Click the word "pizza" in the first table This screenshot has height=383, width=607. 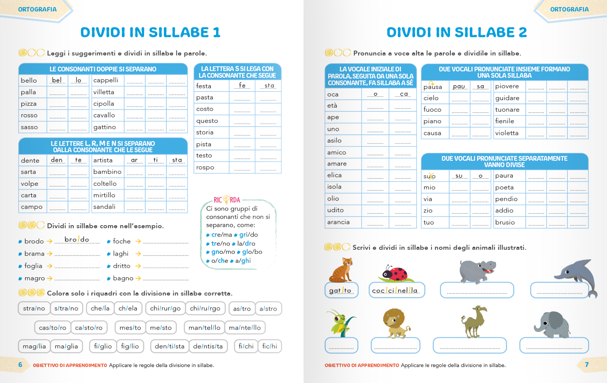[29, 104]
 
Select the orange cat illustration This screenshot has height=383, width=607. [341, 270]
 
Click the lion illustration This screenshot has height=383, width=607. [395, 323]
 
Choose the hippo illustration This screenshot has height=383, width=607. [478, 270]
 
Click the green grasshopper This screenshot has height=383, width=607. [341, 323]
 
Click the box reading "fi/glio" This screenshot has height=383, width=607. [103, 346]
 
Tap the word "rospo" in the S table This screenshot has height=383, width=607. [205, 167]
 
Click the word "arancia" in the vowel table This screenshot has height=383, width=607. [338, 222]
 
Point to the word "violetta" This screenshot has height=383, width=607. [507, 133]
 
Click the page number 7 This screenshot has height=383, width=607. [587, 364]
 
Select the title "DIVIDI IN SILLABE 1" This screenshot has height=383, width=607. [150, 32]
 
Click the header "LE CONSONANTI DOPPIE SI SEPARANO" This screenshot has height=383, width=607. [103, 69]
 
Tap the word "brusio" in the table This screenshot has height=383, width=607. [505, 222]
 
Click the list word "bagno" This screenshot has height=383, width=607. [123, 278]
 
